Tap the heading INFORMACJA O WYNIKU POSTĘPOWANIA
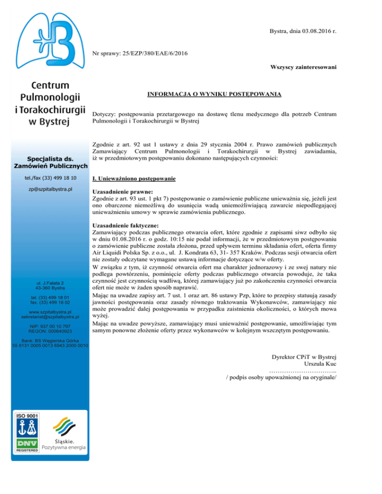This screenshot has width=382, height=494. coord(215,94)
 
